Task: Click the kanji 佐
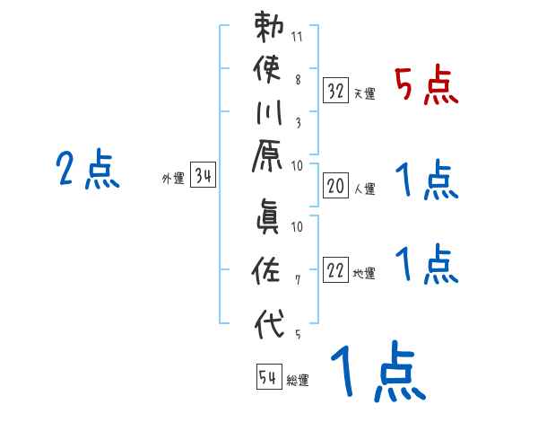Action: tap(270, 269)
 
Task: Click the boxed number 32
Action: tap(335, 90)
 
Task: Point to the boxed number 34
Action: tap(204, 175)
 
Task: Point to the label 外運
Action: tap(173, 179)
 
